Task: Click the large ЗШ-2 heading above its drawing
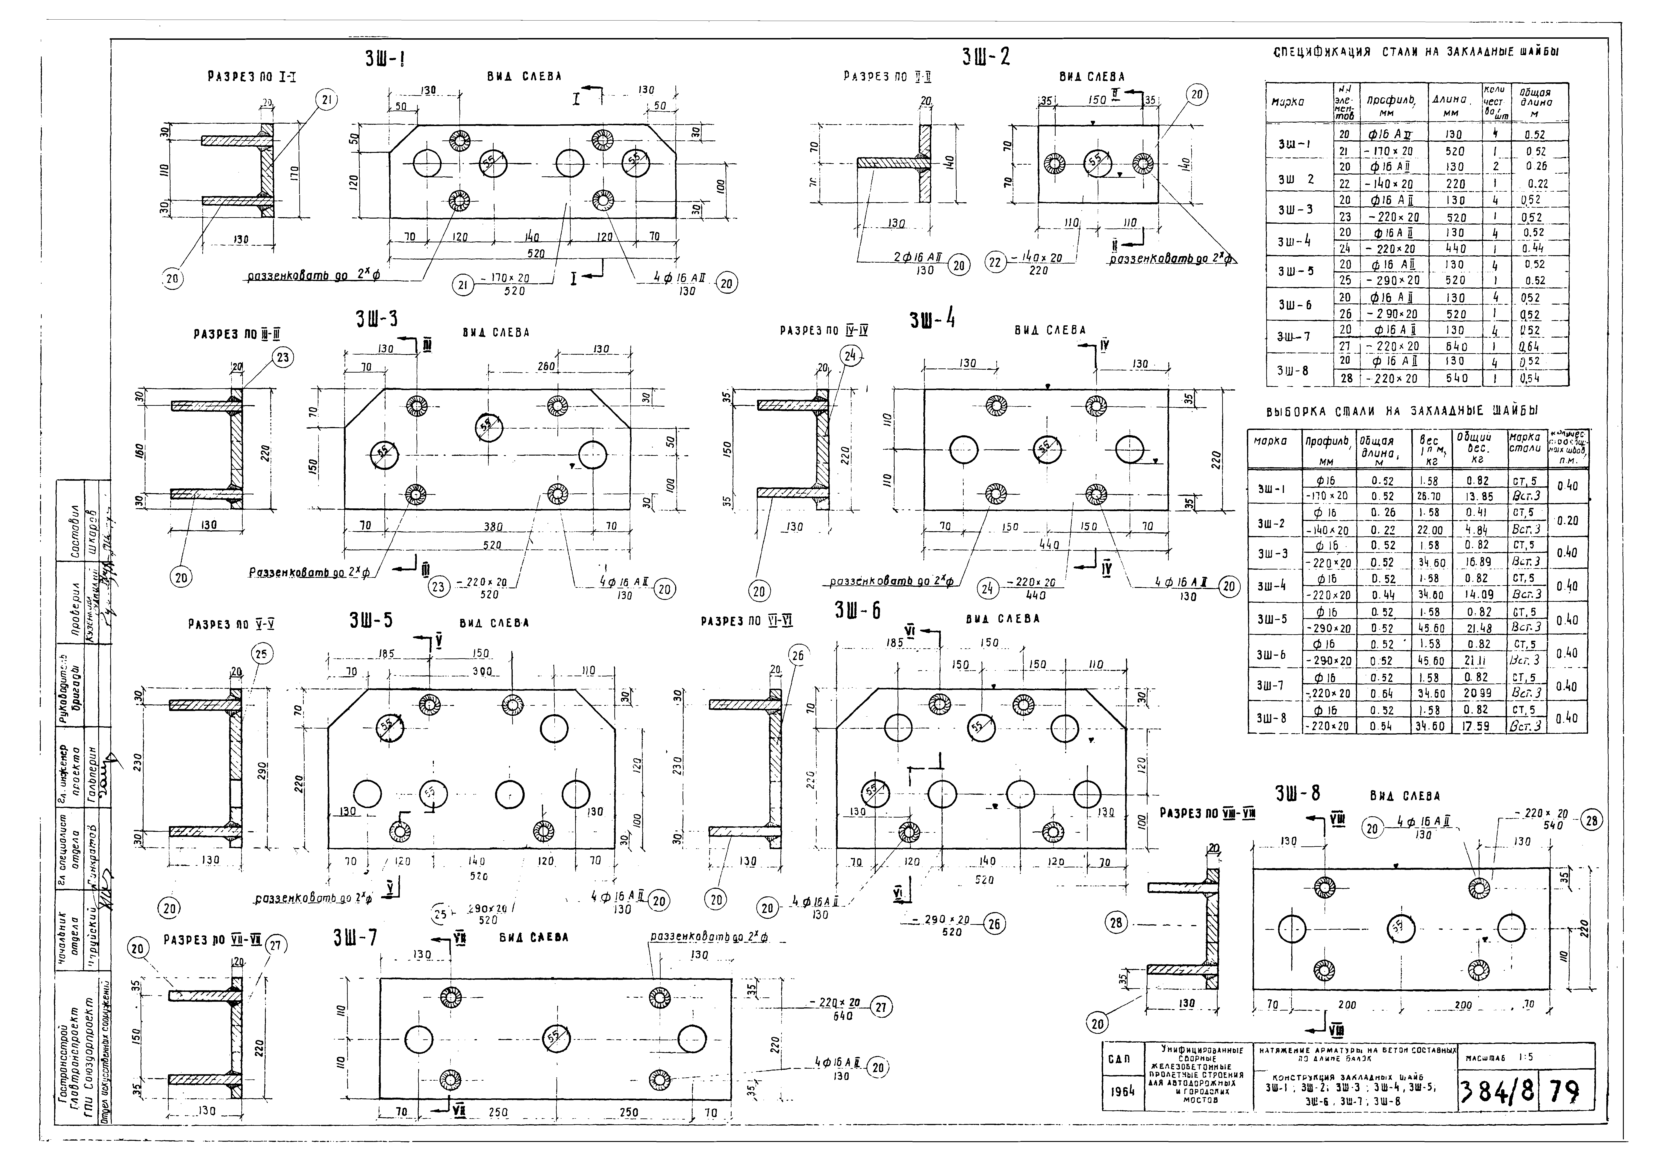coord(986,57)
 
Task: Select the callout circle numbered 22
coord(996,263)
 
